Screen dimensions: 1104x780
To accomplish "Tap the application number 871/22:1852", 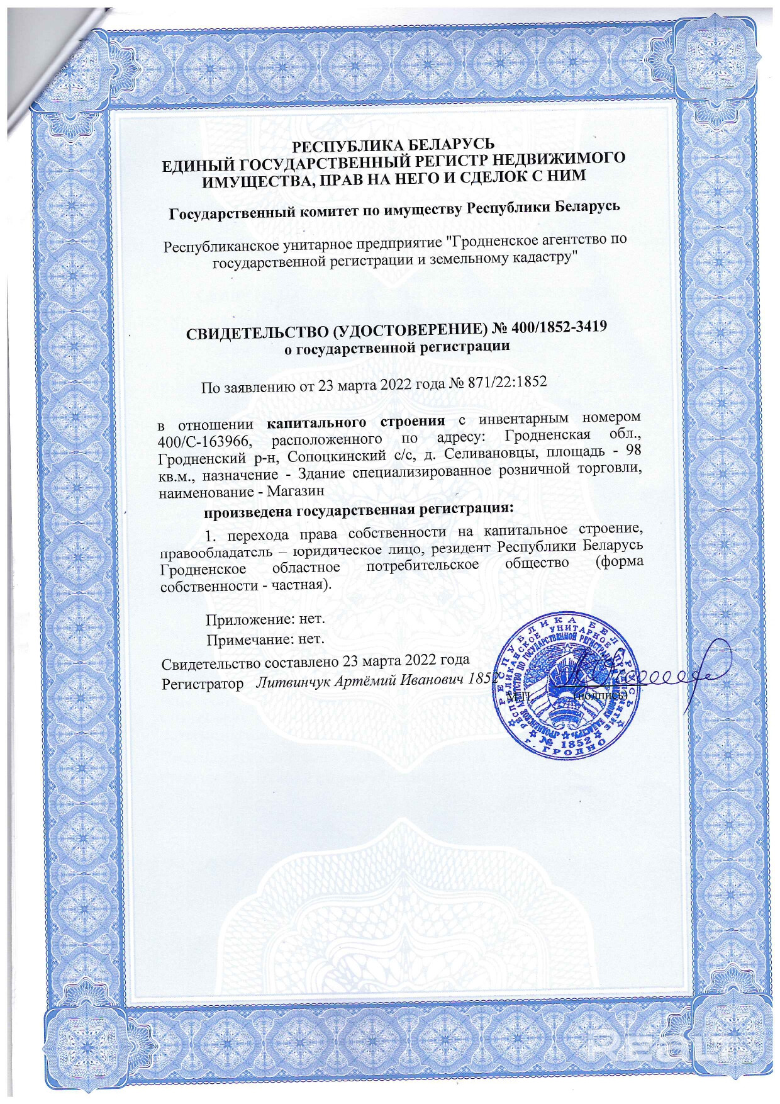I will (506, 382).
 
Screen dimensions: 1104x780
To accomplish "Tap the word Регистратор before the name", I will (203, 684).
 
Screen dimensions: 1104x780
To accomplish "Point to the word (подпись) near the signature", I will (601, 696).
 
